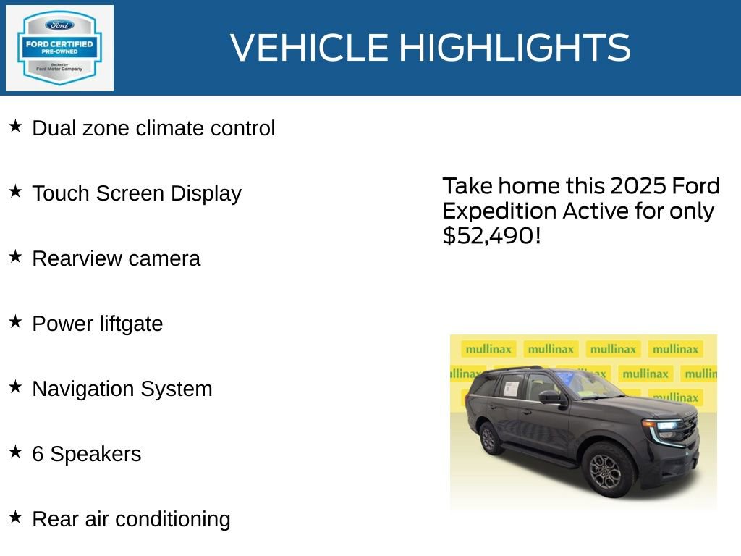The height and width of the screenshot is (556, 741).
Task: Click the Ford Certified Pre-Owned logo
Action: (59, 49)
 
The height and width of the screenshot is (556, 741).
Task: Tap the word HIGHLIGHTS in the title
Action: (515, 48)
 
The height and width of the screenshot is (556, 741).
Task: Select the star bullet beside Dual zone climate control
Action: (15, 127)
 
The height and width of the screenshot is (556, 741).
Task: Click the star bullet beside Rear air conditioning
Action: (15, 518)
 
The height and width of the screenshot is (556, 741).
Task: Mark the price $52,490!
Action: (491, 235)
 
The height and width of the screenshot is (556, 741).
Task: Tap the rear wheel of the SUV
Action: (490, 439)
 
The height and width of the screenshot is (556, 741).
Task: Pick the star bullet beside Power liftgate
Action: (15, 322)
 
